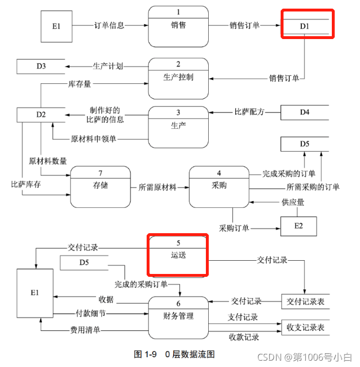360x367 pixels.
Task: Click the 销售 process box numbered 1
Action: click(178, 26)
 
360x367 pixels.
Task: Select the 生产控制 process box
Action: click(178, 77)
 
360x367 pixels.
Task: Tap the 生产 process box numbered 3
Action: click(178, 126)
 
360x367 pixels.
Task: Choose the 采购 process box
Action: click(219, 187)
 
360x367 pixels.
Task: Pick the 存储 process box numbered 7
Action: click(100, 187)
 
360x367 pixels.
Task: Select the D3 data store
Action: click(40, 66)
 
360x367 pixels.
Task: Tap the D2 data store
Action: click(40, 115)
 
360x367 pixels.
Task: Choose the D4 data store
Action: click(304, 112)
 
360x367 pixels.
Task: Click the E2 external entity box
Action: click(298, 226)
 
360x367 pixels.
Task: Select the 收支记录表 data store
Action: click(304, 328)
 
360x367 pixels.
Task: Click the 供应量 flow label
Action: click(293, 203)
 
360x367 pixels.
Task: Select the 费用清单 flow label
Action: click(85, 330)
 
